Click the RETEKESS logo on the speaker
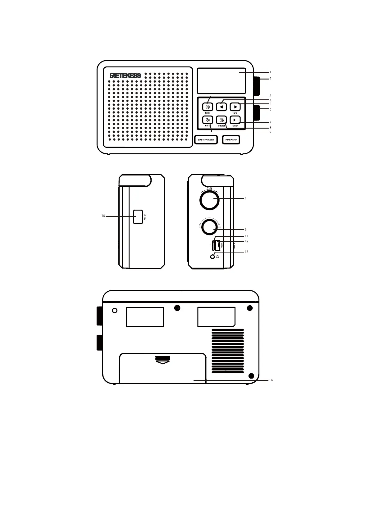point(126,75)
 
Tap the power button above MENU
point(208,107)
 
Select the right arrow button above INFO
point(235,107)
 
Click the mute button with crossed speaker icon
point(208,120)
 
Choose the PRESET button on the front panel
point(222,120)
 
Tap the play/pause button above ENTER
point(235,120)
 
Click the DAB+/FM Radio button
point(206,140)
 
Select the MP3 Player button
point(231,140)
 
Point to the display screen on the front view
point(221,80)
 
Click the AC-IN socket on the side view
point(138,217)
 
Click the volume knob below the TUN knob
point(210,227)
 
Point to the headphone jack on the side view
point(213,257)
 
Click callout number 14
point(271,380)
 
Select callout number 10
point(103,216)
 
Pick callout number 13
point(246,252)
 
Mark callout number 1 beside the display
point(270,72)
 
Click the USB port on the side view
point(218,245)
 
